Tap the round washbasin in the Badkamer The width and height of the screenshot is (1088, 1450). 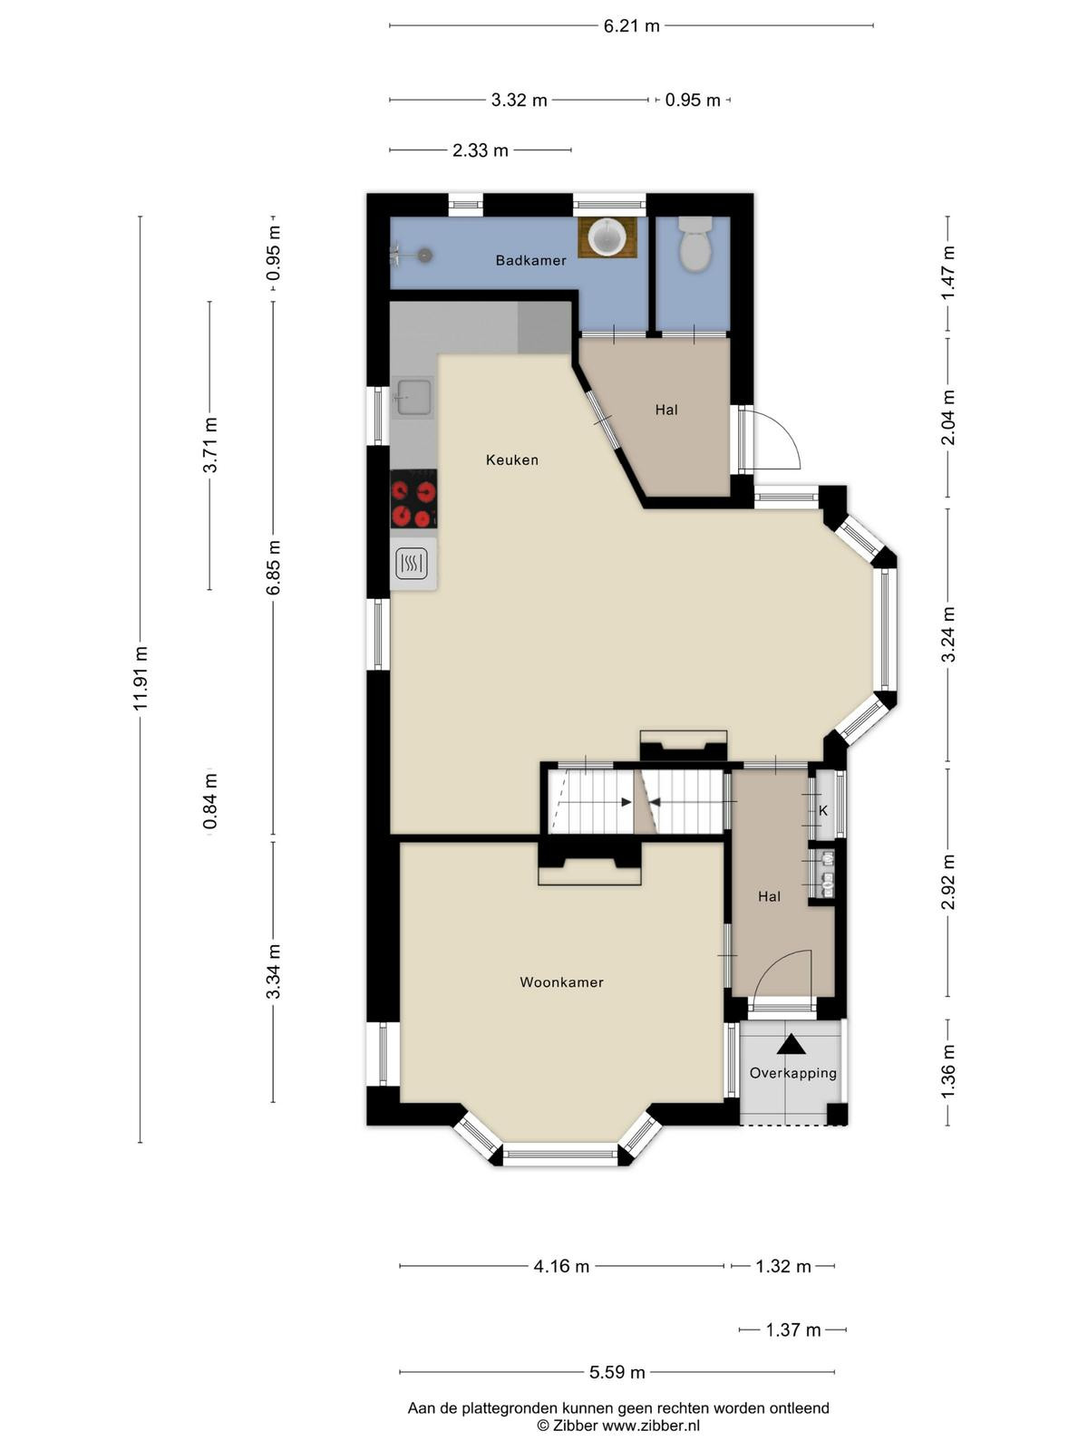pyautogui.click(x=607, y=237)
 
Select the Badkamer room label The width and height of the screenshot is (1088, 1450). pyautogui.click(x=530, y=260)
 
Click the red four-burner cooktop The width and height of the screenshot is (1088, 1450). pyautogui.click(x=413, y=498)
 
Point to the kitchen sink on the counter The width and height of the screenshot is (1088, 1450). pyautogui.click(x=413, y=397)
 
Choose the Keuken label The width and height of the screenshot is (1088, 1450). pyautogui.click(x=512, y=459)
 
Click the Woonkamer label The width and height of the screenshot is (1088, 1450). pyautogui.click(x=561, y=982)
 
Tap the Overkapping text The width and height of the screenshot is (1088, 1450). pyautogui.click(x=792, y=1074)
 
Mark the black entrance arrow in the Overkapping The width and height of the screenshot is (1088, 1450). pyautogui.click(x=792, y=1045)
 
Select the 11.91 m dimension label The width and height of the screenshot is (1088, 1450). pyautogui.click(x=140, y=679)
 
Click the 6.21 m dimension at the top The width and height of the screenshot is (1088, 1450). pyautogui.click(x=632, y=25)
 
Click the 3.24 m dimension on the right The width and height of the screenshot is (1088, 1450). pyautogui.click(x=948, y=634)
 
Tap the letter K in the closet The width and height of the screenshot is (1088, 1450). pyautogui.click(x=823, y=810)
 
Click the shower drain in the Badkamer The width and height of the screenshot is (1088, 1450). pyautogui.click(x=424, y=255)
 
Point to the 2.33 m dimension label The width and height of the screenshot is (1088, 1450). pyautogui.click(x=481, y=150)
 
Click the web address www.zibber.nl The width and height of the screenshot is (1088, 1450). pyautogui.click(x=651, y=1425)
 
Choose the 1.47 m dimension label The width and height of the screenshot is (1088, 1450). pyautogui.click(x=948, y=272)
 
